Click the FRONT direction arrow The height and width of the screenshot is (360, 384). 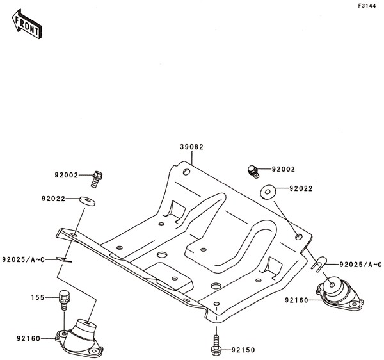click(x=27, y=24)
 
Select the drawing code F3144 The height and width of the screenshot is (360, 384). click(x=367, y=6)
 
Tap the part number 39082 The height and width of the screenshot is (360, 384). click(x=192, y=147)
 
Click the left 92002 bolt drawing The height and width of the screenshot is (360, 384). click(x=97, y=179)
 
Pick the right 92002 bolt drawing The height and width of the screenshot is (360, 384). click(x=253, y=172)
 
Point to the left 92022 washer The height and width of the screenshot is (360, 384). click(x=88, y=201)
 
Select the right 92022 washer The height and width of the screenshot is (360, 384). click(x=268, y=192)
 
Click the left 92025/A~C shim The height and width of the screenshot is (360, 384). click(x=63, y=259)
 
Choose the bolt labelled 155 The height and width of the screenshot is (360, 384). click(x=63, y=300)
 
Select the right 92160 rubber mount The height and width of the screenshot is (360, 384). click(x=339, y=293)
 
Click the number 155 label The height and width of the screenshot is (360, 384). click(x=38, y=297)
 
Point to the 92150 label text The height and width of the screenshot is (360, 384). click(x=243, y=350)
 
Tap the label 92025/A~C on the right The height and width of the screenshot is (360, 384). click(x=360, y=265)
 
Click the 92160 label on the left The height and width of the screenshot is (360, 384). click(x=28, y=339)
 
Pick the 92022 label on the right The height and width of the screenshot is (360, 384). click(x=301, y=188)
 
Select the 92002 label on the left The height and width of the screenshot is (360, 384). click(x=66, y=176)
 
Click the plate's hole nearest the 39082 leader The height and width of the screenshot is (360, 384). click(x=187, y=172)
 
